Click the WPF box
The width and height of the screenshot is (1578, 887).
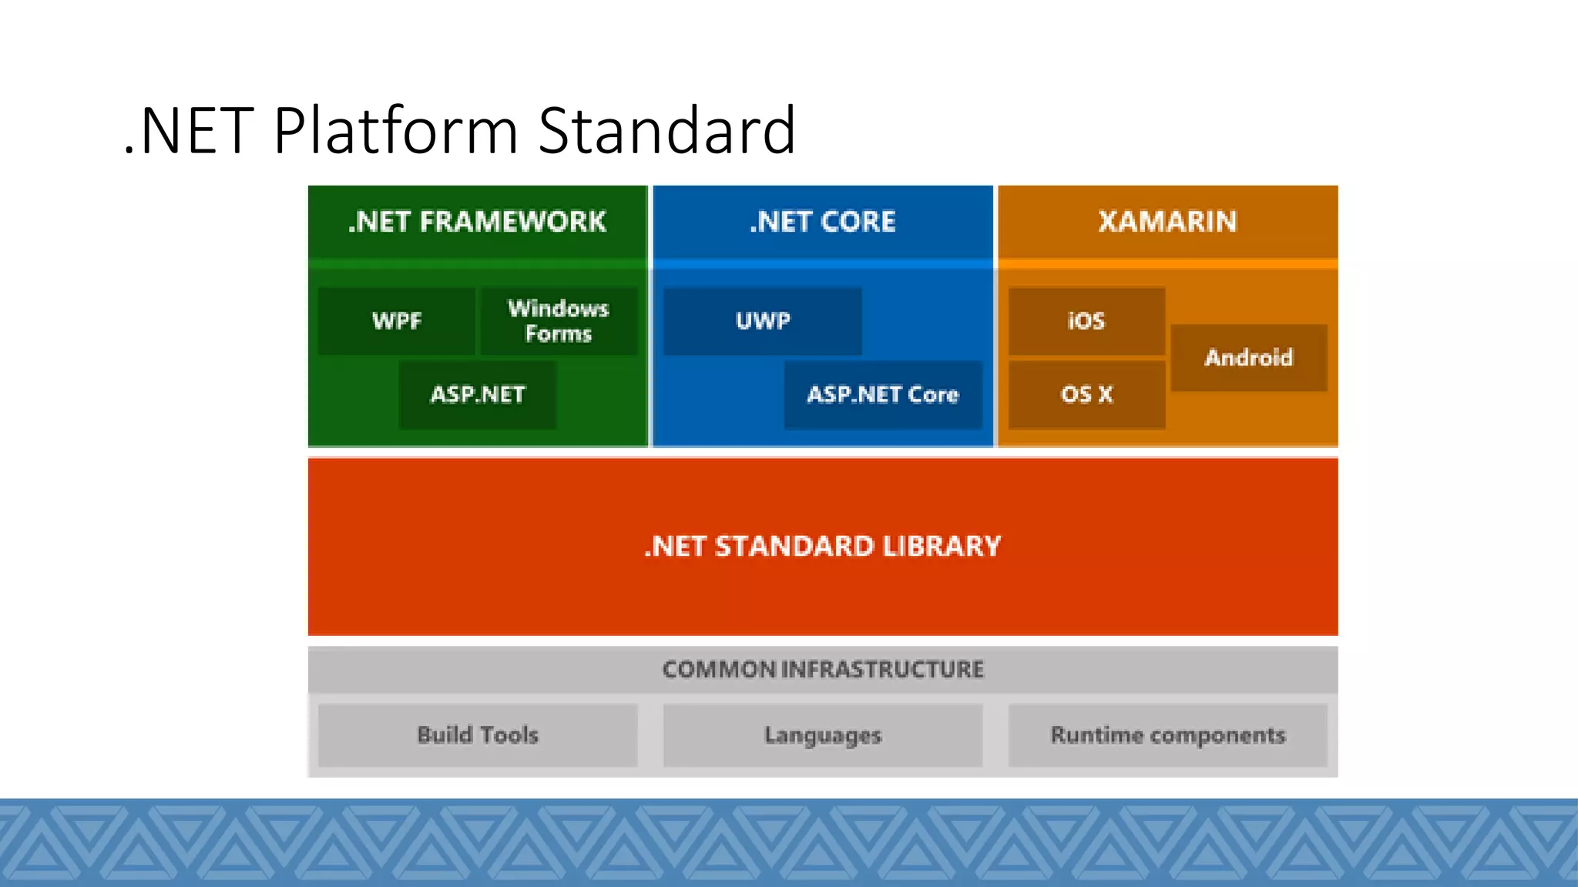click(397, 321)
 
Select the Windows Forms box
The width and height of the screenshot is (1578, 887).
click(559, 321)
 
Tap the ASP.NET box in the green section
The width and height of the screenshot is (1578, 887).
click(478, 395)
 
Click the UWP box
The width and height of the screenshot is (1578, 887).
click(763, 321)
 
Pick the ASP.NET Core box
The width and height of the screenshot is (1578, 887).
click(883, 395)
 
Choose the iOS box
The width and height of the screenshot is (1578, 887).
click(1086, 321)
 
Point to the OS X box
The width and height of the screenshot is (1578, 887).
click(1086, 395)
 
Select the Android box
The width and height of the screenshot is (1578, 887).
click(1249, 358)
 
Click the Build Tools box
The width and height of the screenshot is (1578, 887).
click(478, 735)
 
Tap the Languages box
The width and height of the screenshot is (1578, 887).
click(823, 735)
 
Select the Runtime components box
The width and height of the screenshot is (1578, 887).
click(1168, 735)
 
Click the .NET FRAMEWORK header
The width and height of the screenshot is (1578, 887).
click(478, 222)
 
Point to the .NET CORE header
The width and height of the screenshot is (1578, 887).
click(823, 222)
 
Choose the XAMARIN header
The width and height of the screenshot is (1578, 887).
click(1168, 222)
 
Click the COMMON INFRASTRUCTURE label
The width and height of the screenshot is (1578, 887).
click(823, 669)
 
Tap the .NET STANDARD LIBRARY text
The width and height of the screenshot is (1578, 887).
click(823, 547)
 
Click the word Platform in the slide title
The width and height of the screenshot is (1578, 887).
click(396, 131)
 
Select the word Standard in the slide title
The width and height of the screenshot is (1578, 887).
click(666, 131)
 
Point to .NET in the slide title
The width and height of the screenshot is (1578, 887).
click(189, 131)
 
